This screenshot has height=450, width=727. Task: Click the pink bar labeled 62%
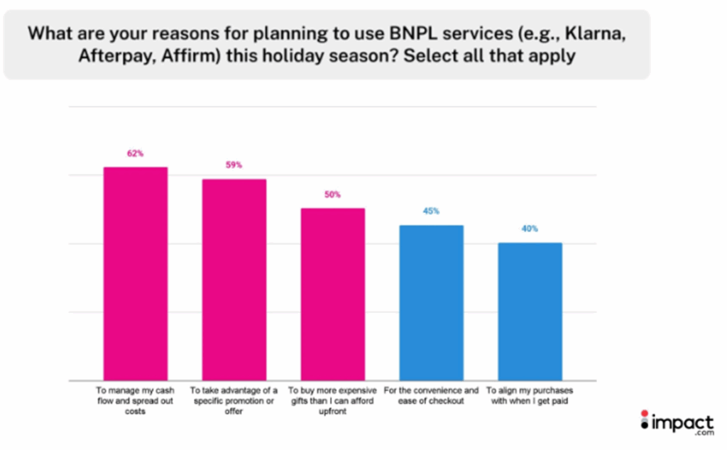click(x=136, y=273)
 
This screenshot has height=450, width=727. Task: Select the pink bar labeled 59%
click(x=234, y=279)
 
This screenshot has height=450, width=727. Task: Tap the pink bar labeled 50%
click(x=333, y=294)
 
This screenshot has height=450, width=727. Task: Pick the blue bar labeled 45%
click(x=431, y=302)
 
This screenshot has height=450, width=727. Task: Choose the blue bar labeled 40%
click(x=530, y=311)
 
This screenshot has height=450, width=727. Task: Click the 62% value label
click(x=136, y=153)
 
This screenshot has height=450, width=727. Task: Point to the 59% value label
click(x=234, y=165)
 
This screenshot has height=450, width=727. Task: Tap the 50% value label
click(x=333, y=194)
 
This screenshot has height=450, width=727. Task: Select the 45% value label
click(x=431, y=211)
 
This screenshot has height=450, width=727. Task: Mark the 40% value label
click(x=530, y=229)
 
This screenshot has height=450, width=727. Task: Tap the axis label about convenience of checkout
click(x=431, y=396)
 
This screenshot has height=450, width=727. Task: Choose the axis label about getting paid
click(x=529, y=396)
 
